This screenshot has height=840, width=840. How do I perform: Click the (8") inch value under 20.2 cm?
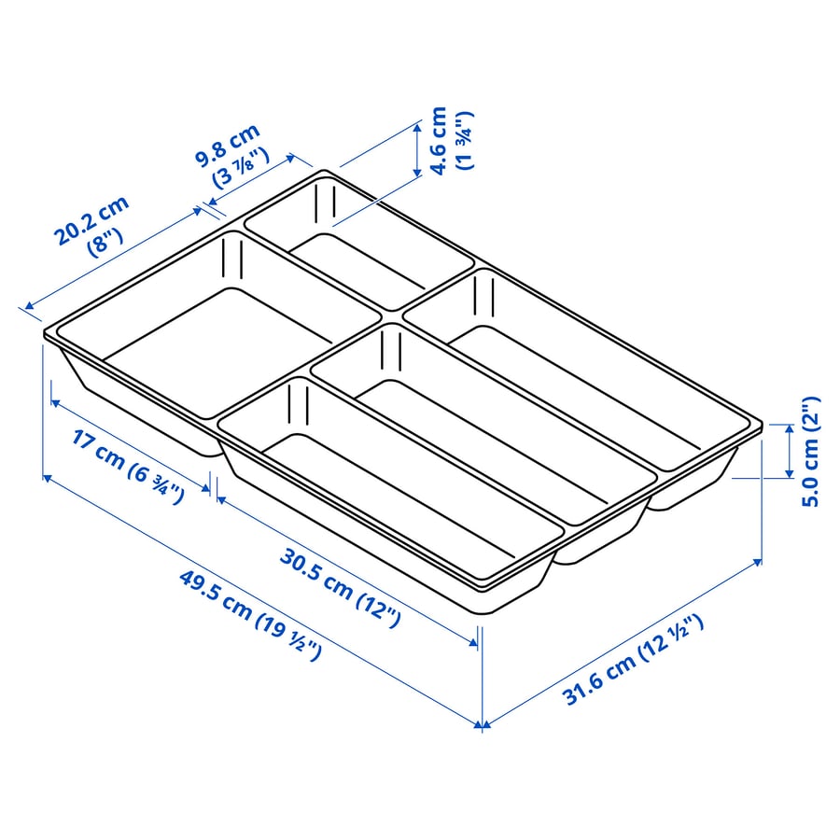[105, 243]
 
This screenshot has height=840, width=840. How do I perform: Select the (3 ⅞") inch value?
[241, 168]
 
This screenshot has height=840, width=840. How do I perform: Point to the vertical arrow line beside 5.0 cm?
[790, 451]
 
